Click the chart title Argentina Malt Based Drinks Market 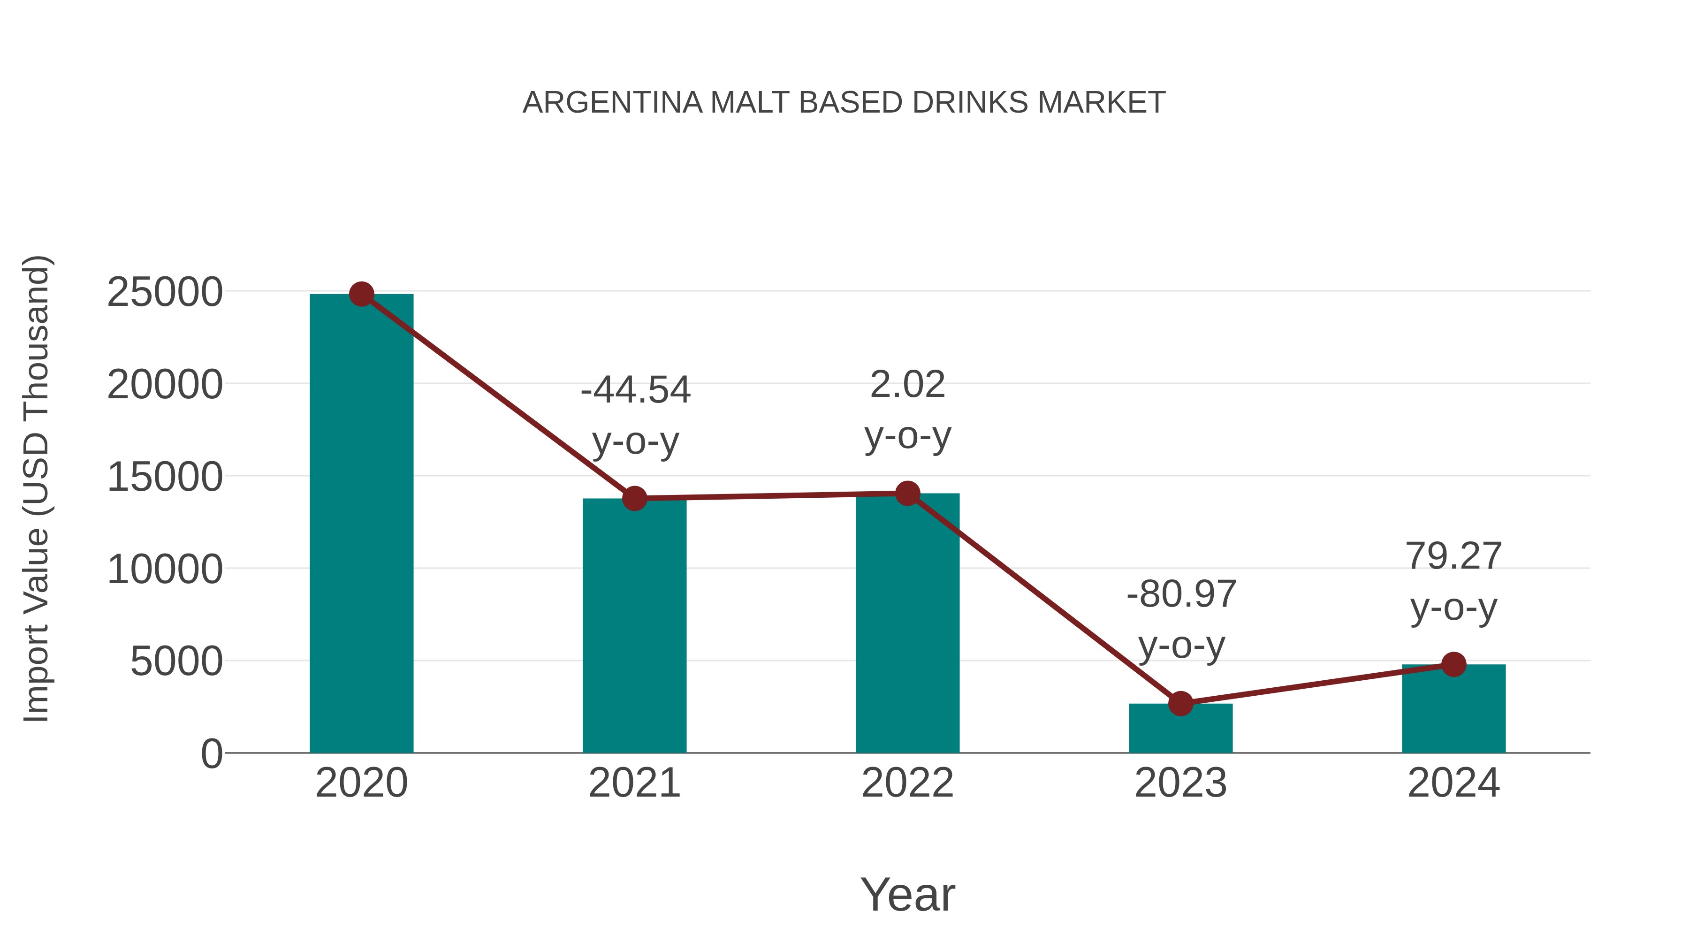click(x=844, y=103)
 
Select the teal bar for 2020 click(x=361, y=524)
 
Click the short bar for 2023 click(x=1180, y=729)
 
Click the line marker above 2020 click(x=361, y=294)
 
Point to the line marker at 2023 click(x=1180, y=704)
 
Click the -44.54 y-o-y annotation click(x=635, y=415)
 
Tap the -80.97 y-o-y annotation click(x=1181, y=620)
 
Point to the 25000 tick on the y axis click(x=165, y=292)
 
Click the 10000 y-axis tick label click(x=165, y=569)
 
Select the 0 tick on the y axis click(x=211, y=754)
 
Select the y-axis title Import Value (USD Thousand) click(x=37, y=488)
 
